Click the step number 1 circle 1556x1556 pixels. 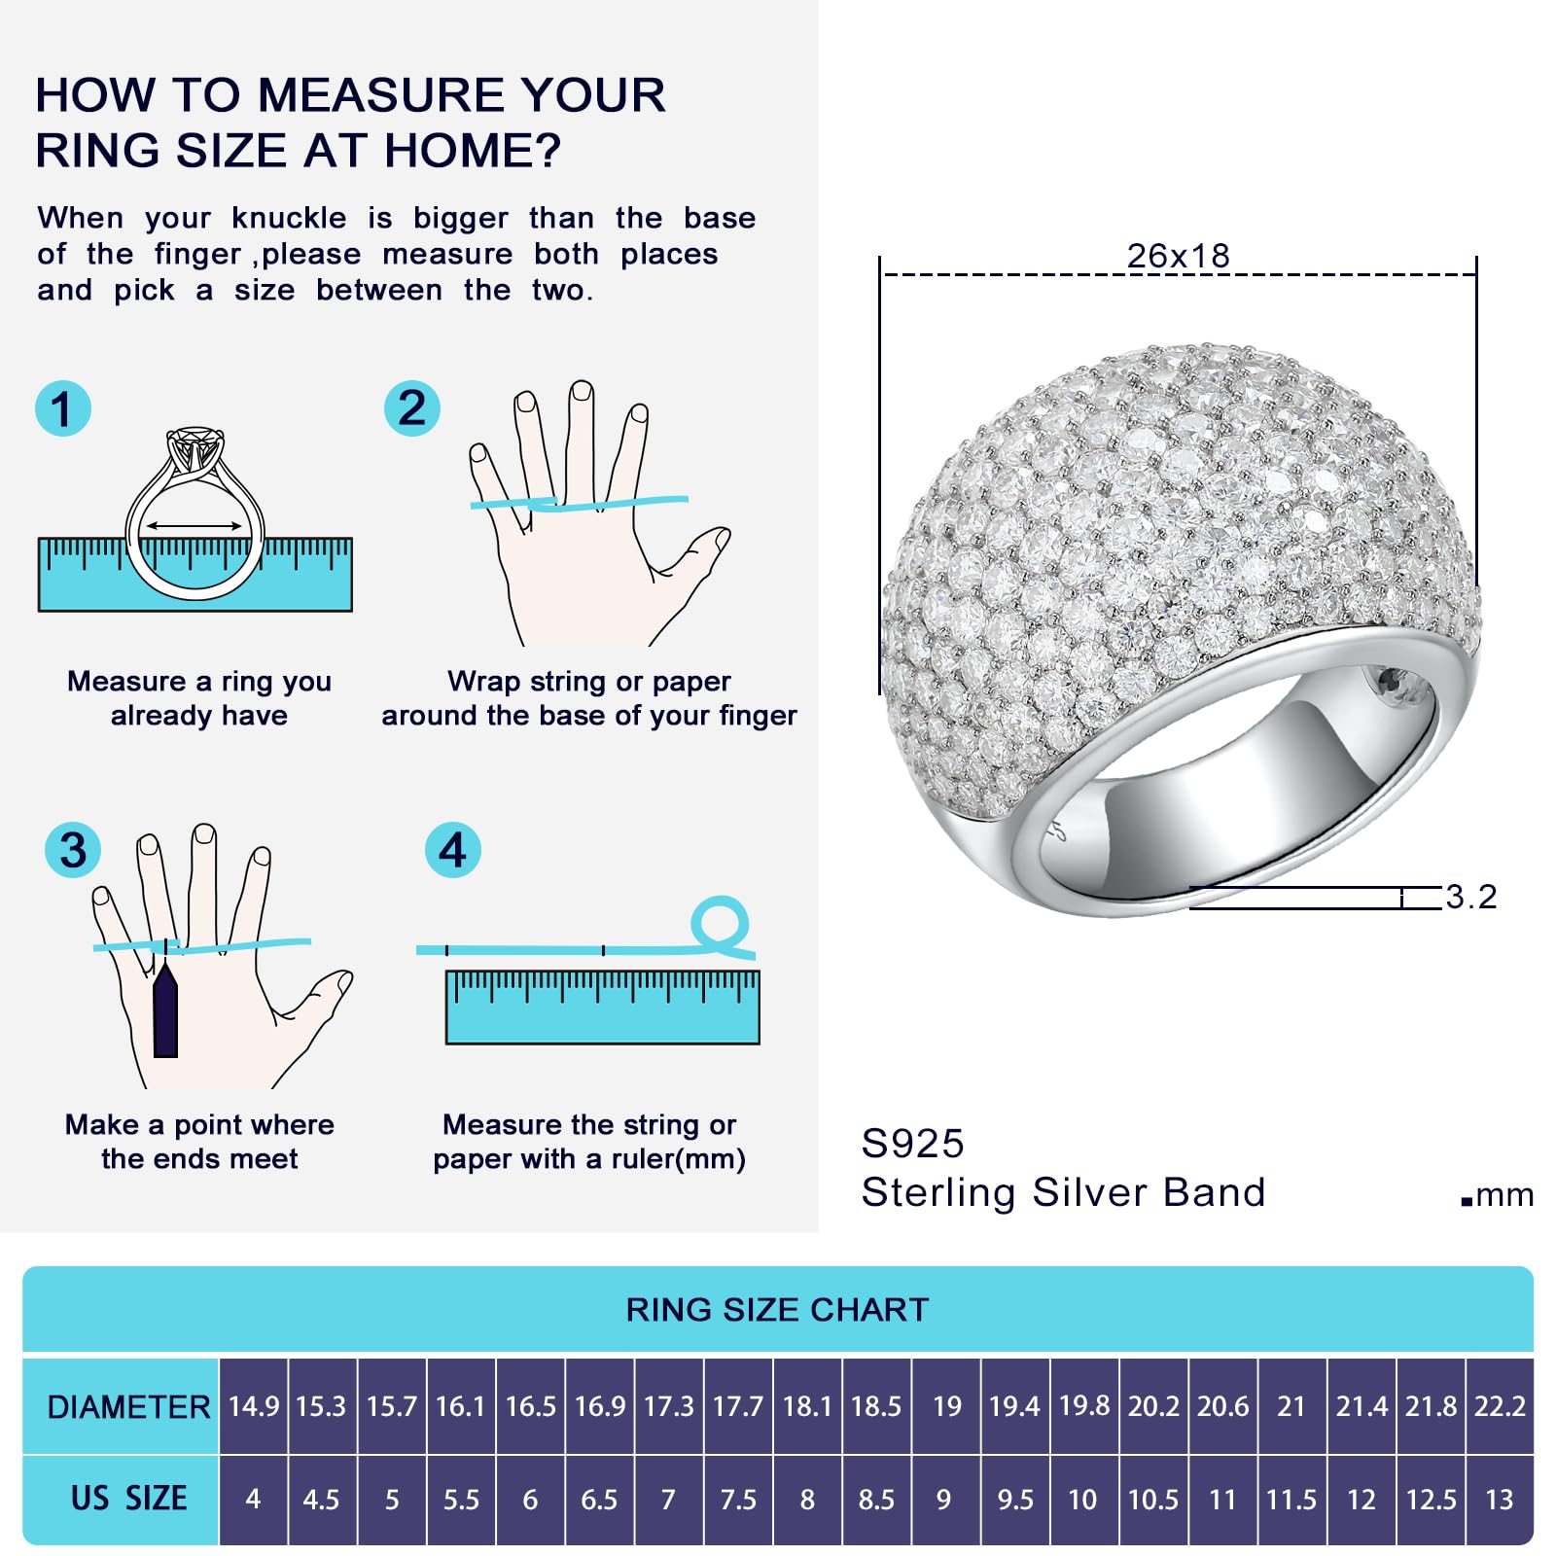[63, 408]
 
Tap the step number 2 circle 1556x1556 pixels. [412, 408]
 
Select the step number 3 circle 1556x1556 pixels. [73, 850]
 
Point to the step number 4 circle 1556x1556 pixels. [453, 850]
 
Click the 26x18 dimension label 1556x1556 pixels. [1178, 257]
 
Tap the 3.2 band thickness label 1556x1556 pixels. [1470, 897]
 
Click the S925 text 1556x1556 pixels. [912, 1144]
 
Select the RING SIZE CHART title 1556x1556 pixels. [777, 1310]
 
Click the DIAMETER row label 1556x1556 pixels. [128, 1407]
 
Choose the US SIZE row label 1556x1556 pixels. [128, 1498]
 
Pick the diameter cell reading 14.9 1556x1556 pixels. [254, 1406]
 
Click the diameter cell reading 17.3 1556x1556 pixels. [669, 1406]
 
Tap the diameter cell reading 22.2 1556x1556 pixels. [1500, 1406]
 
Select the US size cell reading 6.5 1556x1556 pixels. [599, 1500]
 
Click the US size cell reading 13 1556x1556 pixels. [1500, 1500]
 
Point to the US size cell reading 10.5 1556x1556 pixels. [1153, 1500]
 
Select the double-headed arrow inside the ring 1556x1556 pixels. [194, 526]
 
